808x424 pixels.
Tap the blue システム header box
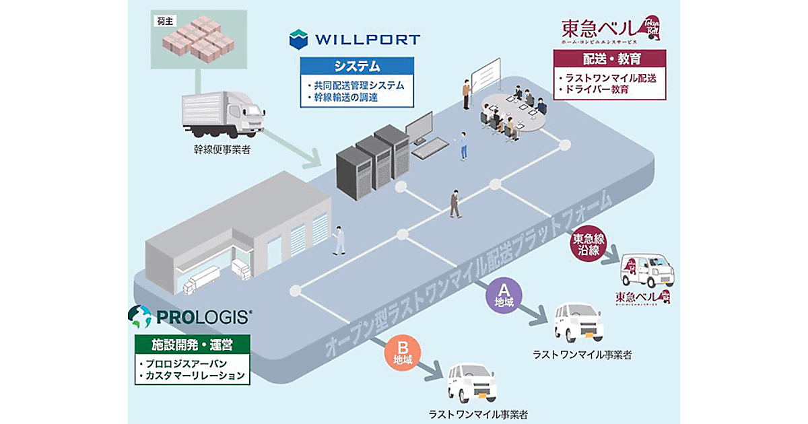pos(357,67)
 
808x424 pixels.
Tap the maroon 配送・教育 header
pos(609,59)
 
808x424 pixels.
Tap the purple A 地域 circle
pos(503,295)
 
